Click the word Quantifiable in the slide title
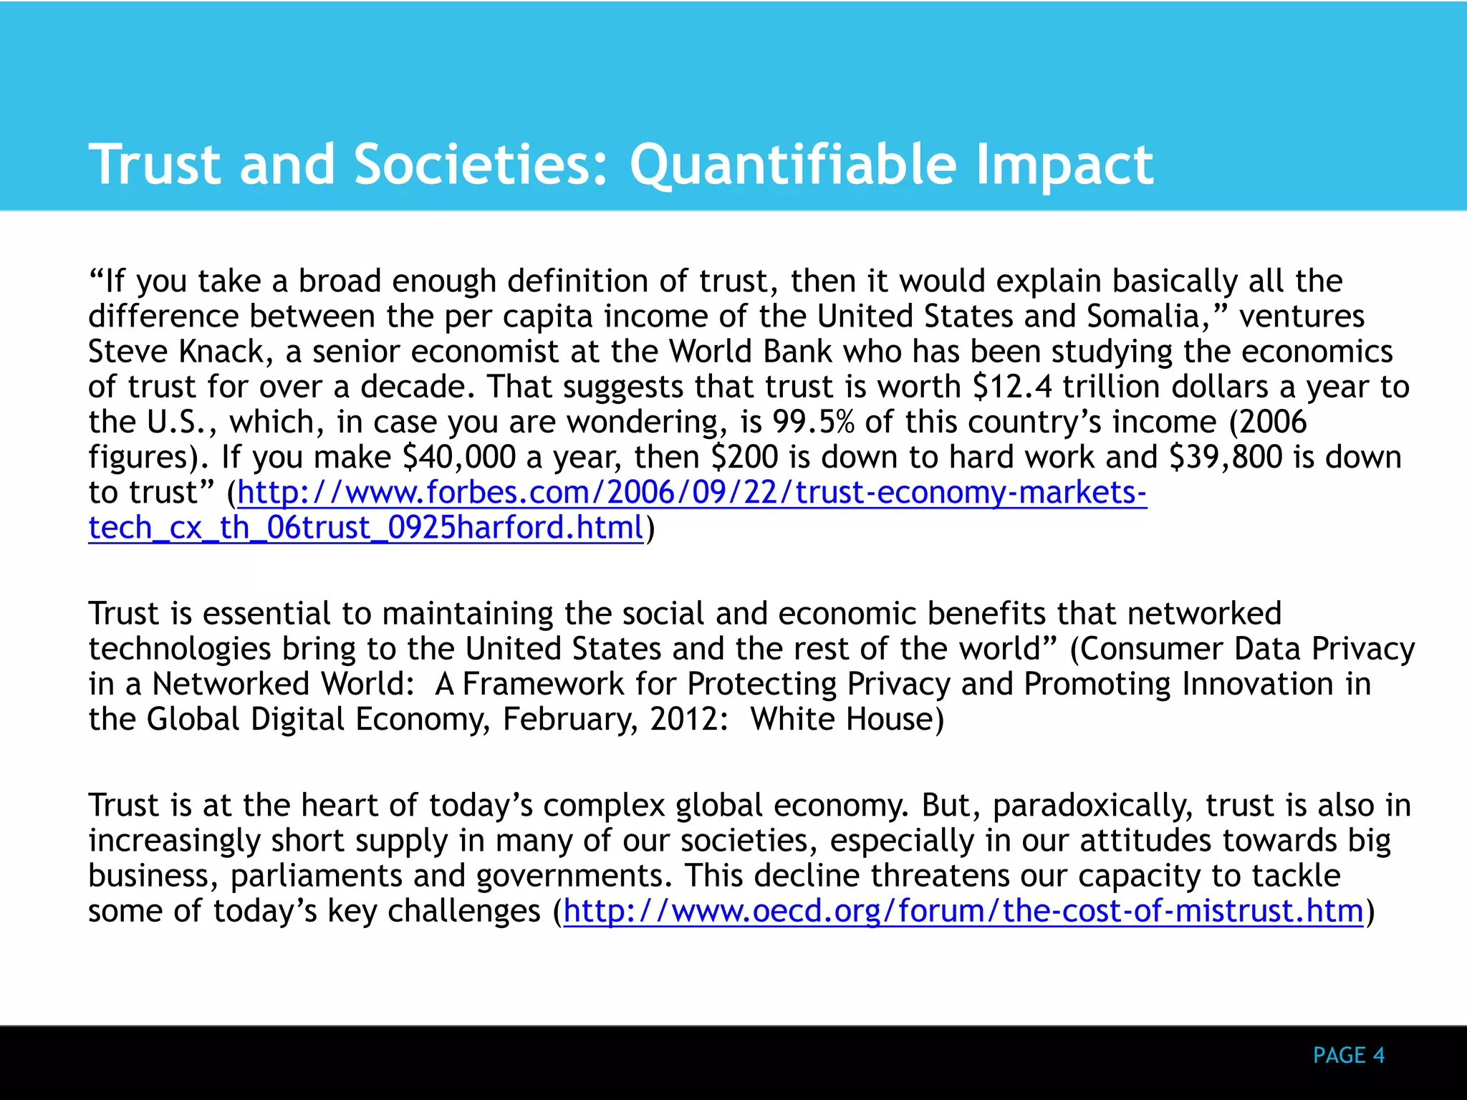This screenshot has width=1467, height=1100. click(x=793, y=165)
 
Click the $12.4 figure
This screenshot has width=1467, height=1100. click(x=1012, y=387)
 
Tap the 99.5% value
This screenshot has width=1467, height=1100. click(x=814, y=422)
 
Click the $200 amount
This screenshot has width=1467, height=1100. click(x=745, y=457)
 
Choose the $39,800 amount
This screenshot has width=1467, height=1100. click(x=1225, y=457)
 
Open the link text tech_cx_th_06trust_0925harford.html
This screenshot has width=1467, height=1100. click(x=366, y=528)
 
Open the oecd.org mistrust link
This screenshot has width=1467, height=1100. click(x=963, y=911)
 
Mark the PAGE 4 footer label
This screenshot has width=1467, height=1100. click(x=1349, y=1055)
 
